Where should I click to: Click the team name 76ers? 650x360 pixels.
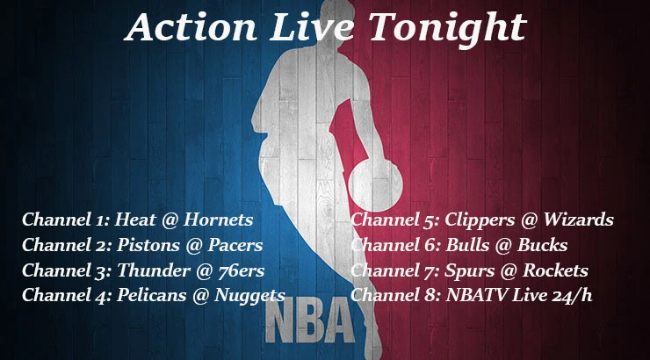(x=240, y=270)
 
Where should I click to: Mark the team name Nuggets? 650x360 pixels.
(x=249, y=296)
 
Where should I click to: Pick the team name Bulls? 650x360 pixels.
(x=467, y=245)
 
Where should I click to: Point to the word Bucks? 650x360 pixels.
(x=542, y=245)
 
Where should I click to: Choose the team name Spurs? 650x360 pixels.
(x=469, y=270)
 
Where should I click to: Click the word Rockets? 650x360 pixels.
(x=554, y=270)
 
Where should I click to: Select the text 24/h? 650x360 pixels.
(x=572, y=295)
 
